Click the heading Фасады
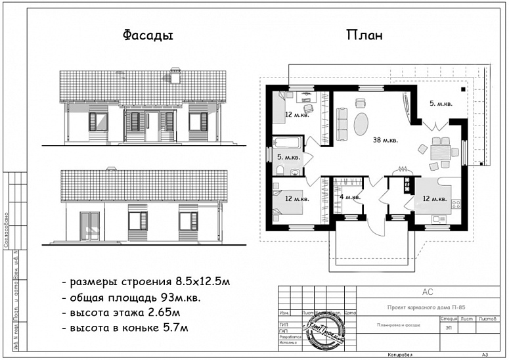point(148,35)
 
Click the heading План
point(364,35)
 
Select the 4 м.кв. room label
point(349,197)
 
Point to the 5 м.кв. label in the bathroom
point(289,158)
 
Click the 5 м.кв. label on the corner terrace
point(440,104)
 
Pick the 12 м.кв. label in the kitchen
point(435,198)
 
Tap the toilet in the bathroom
point(280,170)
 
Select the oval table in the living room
point(361,124)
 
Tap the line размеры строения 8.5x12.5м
point(146,282)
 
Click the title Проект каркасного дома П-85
point(426,307)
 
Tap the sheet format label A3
point(485,353)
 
